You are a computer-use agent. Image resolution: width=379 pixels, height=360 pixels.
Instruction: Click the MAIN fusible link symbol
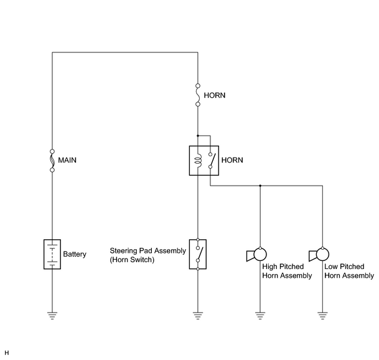52,161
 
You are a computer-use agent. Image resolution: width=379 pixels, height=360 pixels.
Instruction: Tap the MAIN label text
67,160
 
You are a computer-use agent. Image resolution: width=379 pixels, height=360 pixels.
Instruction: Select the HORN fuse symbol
198,95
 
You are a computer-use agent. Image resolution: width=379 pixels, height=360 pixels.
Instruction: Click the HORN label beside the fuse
215,95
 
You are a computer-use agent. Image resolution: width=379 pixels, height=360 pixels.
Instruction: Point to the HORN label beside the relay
232,160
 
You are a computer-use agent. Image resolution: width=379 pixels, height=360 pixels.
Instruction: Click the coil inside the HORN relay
198,161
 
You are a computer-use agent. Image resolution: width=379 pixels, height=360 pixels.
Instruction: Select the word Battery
75,254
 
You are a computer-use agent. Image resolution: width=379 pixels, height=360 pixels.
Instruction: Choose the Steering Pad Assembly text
148,250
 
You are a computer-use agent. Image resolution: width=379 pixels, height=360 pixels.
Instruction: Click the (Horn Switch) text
132,260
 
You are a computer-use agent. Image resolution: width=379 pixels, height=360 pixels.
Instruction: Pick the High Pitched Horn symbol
256,255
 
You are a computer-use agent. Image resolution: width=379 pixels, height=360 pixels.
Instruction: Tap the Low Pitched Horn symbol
319,255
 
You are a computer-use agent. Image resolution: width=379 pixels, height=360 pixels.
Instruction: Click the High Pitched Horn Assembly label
287,271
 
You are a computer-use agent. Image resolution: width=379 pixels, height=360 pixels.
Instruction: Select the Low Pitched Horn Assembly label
349,271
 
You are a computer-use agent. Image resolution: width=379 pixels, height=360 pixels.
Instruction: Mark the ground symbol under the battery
52,316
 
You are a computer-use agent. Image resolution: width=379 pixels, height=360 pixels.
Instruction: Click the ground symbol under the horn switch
198,316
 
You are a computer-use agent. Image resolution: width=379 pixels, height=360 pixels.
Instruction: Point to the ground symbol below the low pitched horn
322,316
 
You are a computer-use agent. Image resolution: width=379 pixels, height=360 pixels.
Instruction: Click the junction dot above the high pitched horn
260,186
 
